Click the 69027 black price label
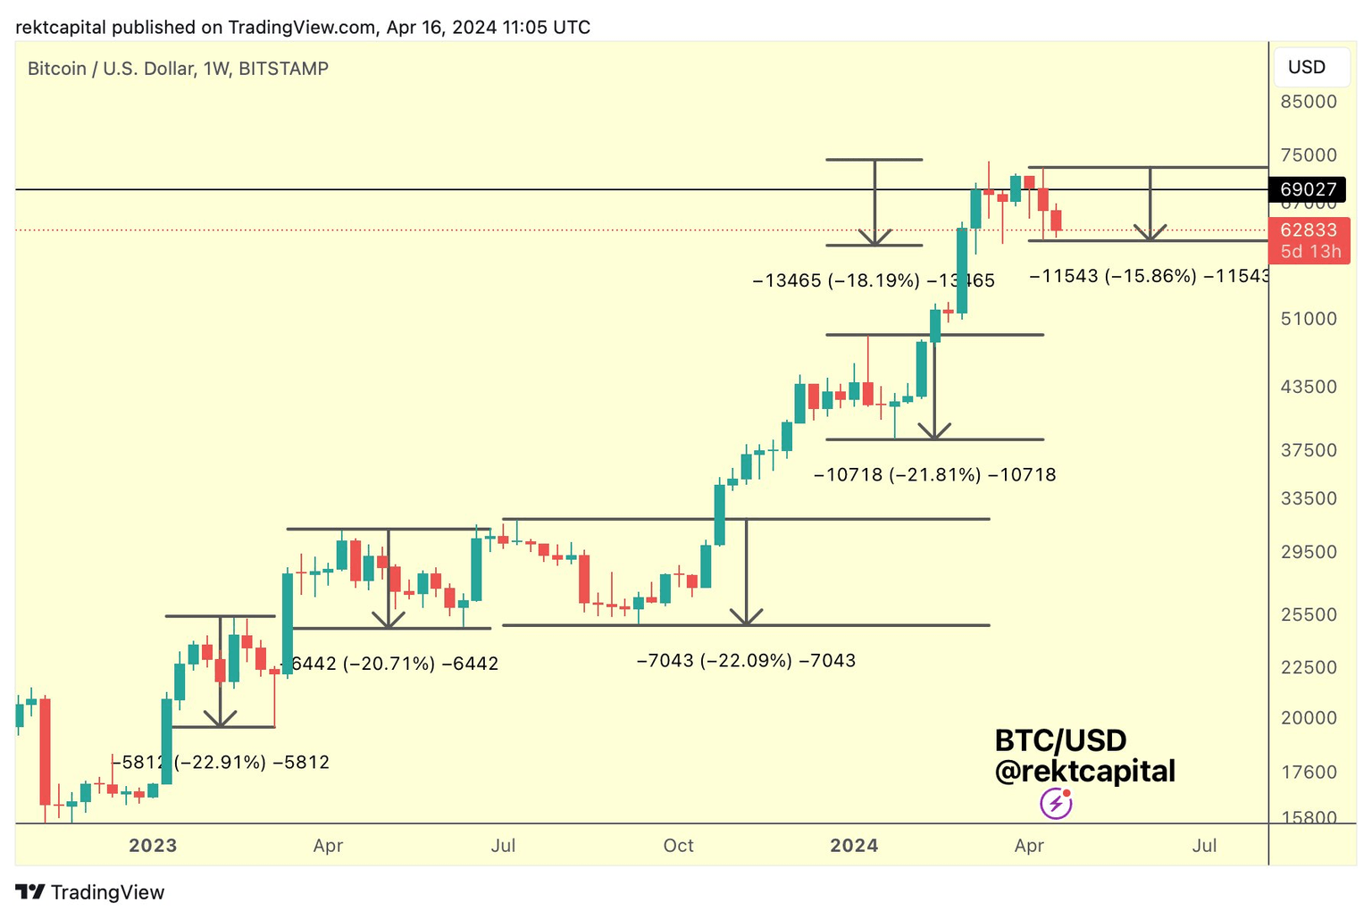coord(1308,189)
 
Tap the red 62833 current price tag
coord(1308,230)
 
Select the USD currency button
coord(1306,68)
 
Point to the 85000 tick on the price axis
coord(1309,102)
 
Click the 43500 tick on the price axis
coord(1309,387)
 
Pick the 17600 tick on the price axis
coord(1309,773)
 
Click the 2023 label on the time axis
coord(153,846)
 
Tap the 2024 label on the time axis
coord(854,846)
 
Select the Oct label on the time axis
coord(678,846)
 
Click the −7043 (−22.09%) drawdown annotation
coord(746,661)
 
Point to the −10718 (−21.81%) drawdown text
coord(934,475)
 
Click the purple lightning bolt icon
coord(1056,804)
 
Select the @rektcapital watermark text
coord(1084,772)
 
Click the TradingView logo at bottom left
coord(90,892)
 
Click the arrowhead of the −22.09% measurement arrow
coord(746,618)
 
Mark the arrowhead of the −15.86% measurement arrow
coord(1150,234)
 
